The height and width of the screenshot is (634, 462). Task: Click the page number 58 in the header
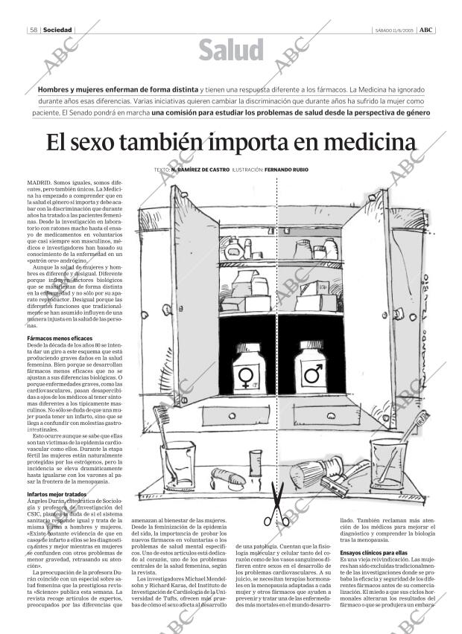[x=34, y=30]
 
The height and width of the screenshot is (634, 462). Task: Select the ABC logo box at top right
[x=426, y=30]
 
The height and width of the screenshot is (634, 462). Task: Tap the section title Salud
[x=231, y=51]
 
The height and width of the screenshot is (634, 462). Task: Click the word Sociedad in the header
[x=57, y=30]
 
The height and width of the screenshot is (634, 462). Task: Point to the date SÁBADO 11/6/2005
[x=393, y=30]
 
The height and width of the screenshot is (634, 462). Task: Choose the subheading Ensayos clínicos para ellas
[x=373, y=553]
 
